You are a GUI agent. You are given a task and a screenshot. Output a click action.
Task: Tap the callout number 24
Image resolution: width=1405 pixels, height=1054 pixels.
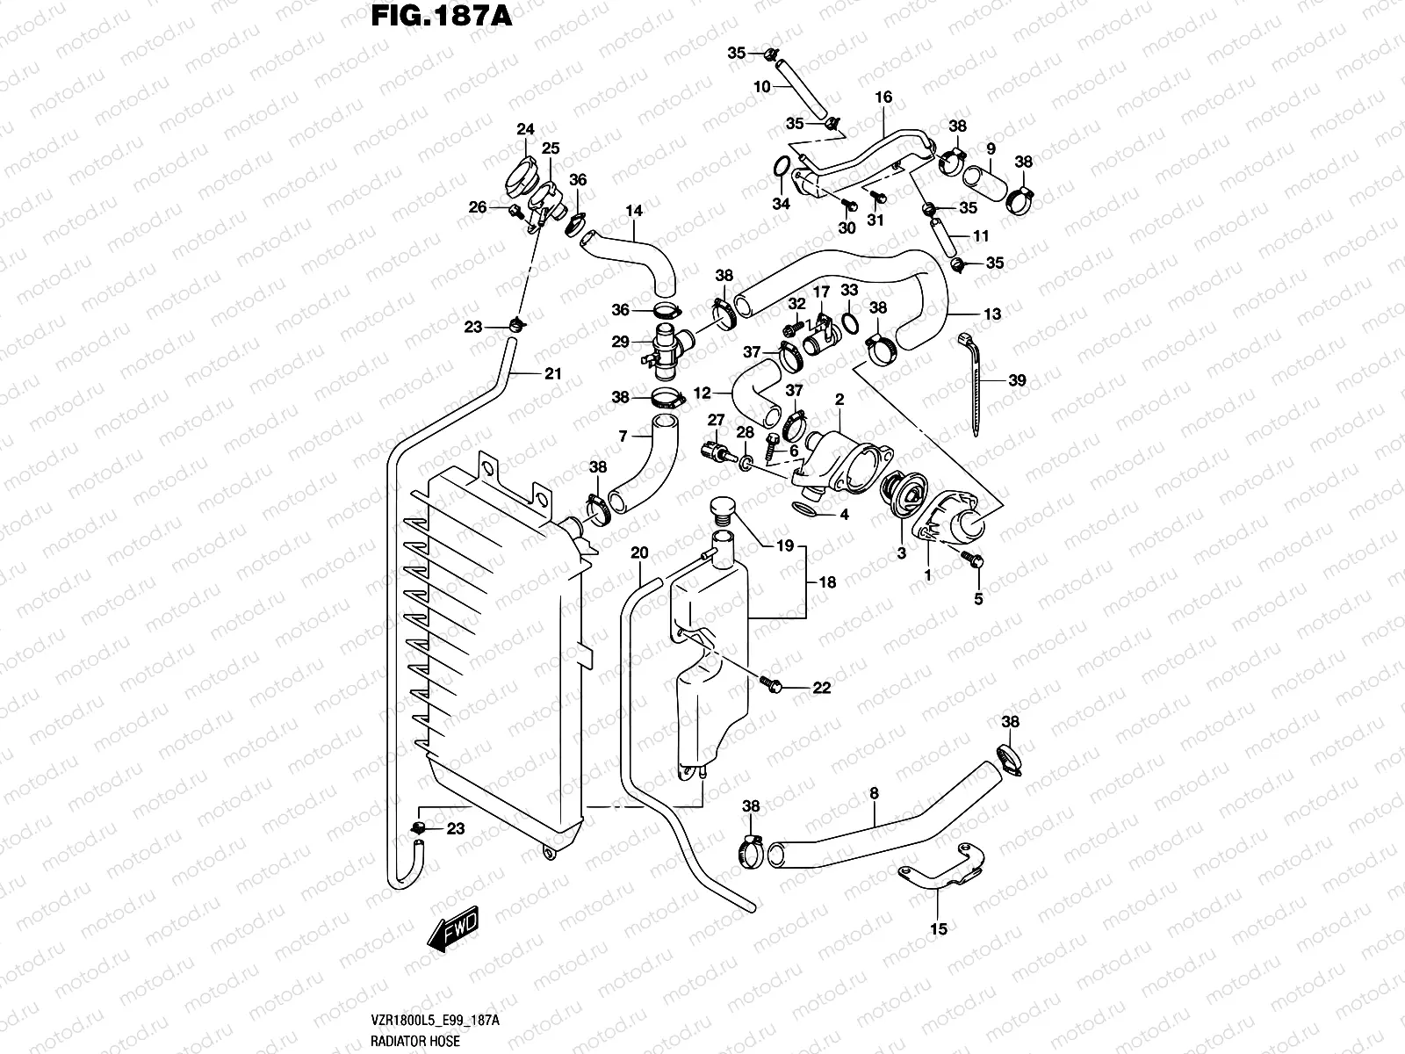[x=525, y=130]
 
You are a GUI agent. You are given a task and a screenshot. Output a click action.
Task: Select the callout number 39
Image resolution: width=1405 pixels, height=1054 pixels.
[x=1017, y=380]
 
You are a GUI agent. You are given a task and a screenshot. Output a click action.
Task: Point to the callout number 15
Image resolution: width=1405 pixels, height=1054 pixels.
[x=938, y=928]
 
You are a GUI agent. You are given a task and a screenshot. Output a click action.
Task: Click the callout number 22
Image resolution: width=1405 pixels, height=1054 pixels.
[x=821, y=688]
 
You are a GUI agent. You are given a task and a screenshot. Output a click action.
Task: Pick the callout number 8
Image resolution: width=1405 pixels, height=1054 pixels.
[x=874, y=793]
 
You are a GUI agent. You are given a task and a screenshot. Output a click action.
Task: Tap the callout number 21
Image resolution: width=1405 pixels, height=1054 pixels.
[x=551, y=374]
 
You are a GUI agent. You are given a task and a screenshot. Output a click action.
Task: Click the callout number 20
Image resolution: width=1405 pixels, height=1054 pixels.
[x=640, y=552]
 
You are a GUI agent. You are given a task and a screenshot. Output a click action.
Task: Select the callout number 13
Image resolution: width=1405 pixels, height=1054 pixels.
[x=991, y=314]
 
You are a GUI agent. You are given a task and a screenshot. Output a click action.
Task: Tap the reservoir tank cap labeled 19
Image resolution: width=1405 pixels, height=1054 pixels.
[x=722, y=509]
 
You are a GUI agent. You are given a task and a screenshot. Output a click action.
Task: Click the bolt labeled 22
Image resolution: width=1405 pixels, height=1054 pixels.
[x=772, y=682]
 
